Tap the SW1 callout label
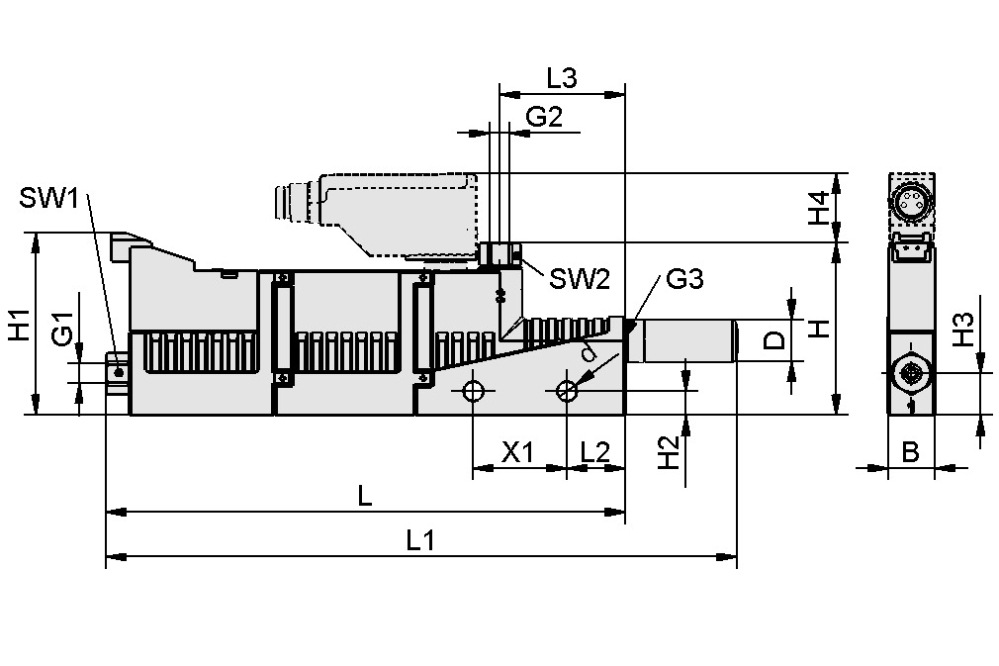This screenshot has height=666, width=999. point(48,198)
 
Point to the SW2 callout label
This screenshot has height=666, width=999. point(579,279)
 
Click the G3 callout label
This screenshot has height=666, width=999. point(683,279)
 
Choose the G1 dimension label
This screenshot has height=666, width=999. point(62,329)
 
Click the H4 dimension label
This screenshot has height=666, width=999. point(818,208)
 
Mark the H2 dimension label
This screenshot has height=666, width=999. point(670,452)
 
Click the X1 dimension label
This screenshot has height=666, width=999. point(517,452)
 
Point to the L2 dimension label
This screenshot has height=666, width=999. point(594,452)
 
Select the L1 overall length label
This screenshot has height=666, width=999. point(420,540)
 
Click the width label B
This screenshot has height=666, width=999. point(910,452)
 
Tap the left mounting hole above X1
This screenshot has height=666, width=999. point(474,391)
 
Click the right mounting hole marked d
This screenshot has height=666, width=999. point(566,391)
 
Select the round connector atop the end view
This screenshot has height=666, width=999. point(910,204)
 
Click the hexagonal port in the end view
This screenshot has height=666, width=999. point(910,373)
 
